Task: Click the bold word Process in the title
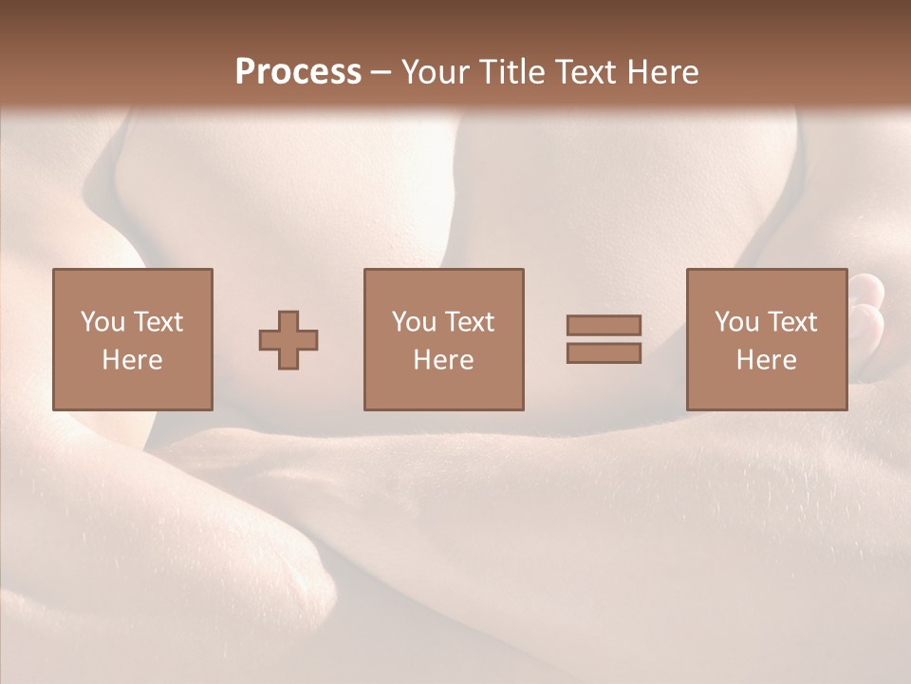tap(298, 72)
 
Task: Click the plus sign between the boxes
tap(288, 340)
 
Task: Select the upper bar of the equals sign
tap(604, 325)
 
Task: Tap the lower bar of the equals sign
tap(604, 353)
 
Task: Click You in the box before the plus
tap(102, 322)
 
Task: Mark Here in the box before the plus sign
tap(132, 360)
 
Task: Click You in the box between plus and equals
tap(413, 322)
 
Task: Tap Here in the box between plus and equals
tap(443, 360)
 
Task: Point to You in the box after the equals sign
tap(735, 322)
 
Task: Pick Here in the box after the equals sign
tap(766, 360)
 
